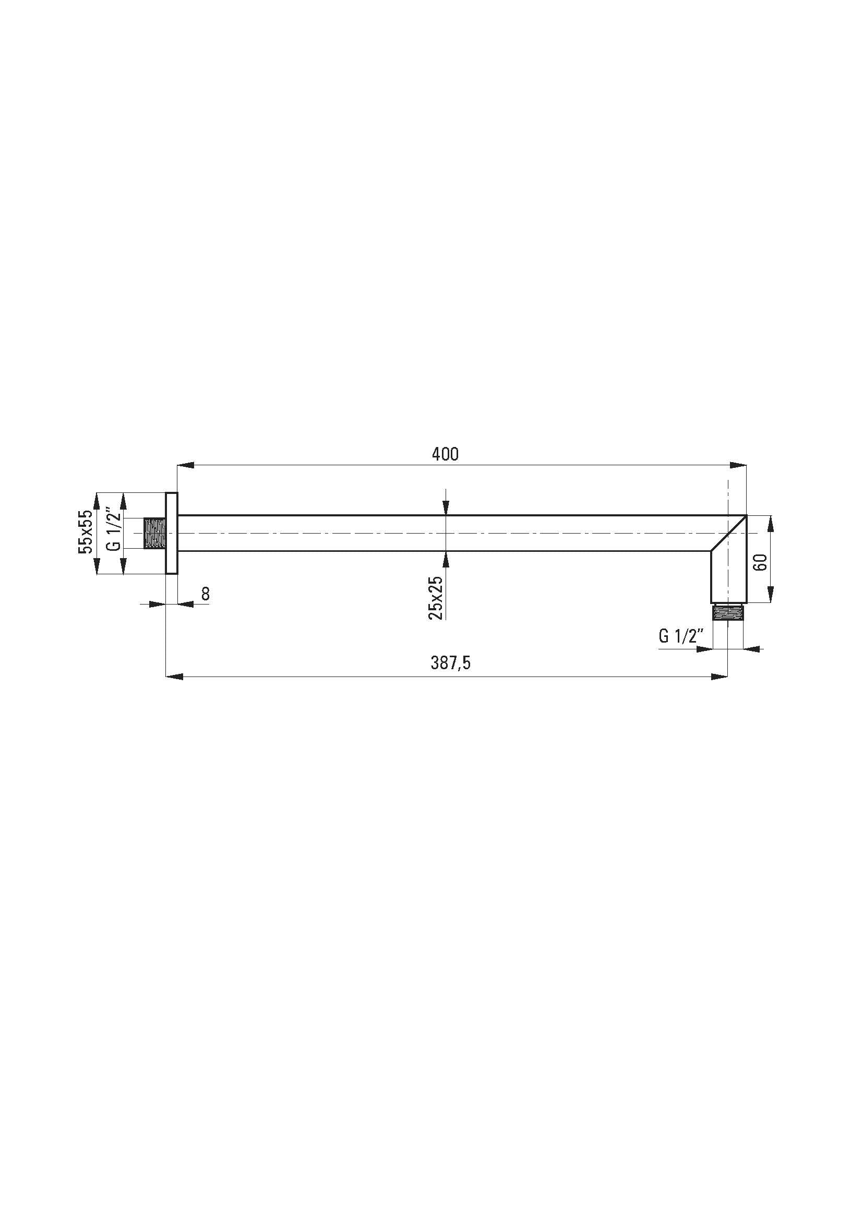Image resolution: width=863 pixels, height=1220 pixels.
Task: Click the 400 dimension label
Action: (x=445, y=454)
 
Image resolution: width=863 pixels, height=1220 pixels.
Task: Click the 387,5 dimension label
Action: (x=451, y=663)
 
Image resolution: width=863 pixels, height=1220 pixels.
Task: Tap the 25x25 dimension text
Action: (x=435, y=598)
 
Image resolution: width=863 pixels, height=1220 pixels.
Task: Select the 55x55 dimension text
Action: (x=86, y=533)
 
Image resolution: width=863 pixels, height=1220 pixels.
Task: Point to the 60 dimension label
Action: (x=760, y=562)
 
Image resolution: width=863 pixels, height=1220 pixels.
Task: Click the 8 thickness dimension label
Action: (x=206, y=594)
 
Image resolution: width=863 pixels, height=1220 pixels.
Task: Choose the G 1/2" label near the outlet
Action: (x=681, y=635)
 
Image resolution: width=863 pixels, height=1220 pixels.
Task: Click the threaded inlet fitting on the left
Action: (x=155, y=533)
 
